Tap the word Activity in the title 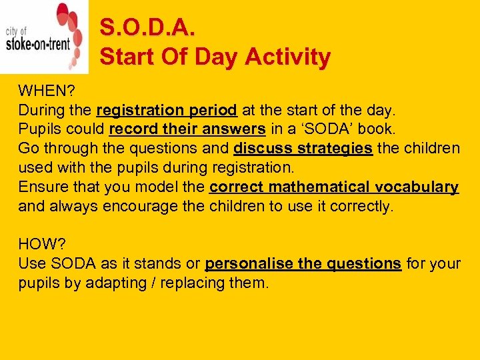coord(287,58)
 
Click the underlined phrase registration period coord(167,110)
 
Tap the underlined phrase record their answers coord(187,129)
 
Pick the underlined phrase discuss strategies coord(303,149)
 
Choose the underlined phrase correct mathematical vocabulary coord(333,187)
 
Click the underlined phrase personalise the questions coord(303,265)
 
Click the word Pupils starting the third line coord(39,129)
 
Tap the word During coord(41,110)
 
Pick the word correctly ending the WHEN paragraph coord(361,207)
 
